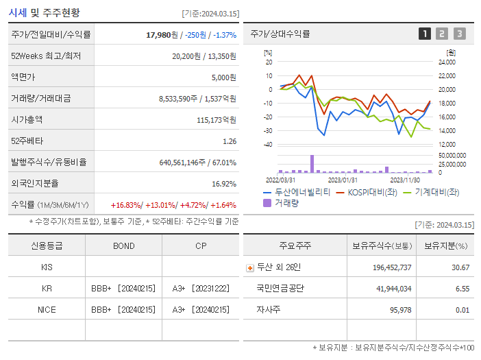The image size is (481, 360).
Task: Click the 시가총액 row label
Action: pos(27,119)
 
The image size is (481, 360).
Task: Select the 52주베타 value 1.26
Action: pos(230,141)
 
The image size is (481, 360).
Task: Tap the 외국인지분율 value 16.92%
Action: pos(224,184)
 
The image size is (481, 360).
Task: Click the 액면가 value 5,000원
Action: pos(223,77)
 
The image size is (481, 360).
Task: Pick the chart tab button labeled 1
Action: pos(425,34)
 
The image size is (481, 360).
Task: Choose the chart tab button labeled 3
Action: pos(459,34)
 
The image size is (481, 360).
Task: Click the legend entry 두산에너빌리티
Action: pos(302,192)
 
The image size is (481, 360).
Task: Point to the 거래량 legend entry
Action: pos(286,203)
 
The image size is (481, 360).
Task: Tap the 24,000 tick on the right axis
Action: pos(446,62)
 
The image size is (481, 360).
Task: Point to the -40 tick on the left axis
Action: pos(268,145)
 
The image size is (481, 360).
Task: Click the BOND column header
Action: pos(123,245)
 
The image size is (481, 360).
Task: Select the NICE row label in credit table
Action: pos(47,309)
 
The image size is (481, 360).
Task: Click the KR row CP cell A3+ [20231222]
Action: pos(200,288)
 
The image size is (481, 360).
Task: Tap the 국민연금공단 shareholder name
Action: pos(280,288)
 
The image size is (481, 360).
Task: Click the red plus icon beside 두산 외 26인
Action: pos(250,267)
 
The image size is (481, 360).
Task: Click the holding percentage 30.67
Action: pos(459,267)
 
